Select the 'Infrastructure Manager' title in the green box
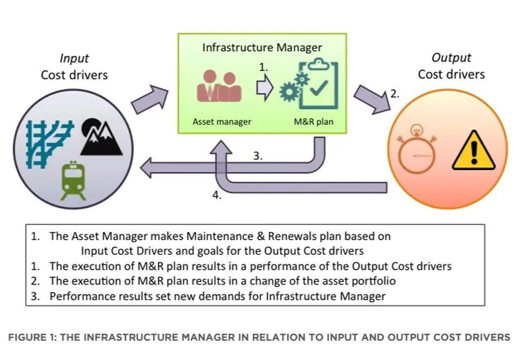(x=262, y=47)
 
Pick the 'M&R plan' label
(x=314, y=122)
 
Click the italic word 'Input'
(x=74, y=58)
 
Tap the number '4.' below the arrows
(x=217, y=196)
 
